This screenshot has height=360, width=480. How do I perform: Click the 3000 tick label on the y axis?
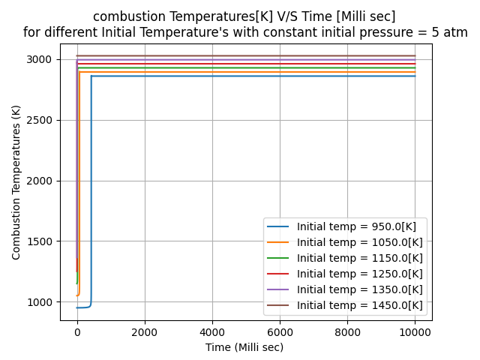click(42, 60)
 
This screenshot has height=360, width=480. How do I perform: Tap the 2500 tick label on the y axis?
click(42, 121)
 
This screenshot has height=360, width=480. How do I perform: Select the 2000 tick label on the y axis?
click(42, 181)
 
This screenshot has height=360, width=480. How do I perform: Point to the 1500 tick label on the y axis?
click(42, 242)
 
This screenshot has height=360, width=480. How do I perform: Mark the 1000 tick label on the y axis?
click(42, 302)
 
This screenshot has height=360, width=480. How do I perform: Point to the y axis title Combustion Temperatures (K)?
click(16, 182)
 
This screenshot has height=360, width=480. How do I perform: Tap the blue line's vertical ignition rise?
click(91, 187)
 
